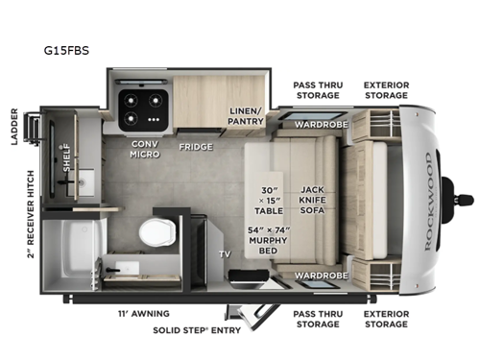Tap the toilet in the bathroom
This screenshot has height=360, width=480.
pos(155,231)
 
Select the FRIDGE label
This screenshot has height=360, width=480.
pos(195,148)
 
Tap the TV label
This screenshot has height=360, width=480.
pos(225,254)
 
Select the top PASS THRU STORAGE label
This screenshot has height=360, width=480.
pos(316,90)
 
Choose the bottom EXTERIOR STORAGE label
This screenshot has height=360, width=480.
pos(386,318)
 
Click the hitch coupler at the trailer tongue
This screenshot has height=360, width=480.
pos(468,200)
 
